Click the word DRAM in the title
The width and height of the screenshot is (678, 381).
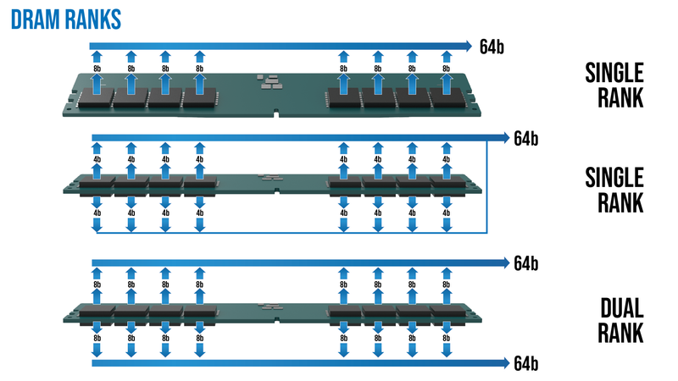click(x=33, y=17)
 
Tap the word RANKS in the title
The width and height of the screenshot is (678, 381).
click(x=90, y=17)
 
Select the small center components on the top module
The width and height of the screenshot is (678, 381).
click(x=269, y=81)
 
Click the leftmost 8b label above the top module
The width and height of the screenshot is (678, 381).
click(x=96, y=68)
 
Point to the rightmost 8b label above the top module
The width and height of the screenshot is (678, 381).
click(x=447, y=68)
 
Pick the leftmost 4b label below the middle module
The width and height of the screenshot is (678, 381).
click(x=96, y=213)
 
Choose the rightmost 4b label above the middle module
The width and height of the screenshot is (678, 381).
click(x=447, y=158)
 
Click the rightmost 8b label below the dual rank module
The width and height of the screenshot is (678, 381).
click(x=447, y=338)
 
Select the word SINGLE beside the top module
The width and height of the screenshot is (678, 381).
click(x=612, y=71)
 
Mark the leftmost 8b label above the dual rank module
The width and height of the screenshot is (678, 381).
click(x=96, y=286)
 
